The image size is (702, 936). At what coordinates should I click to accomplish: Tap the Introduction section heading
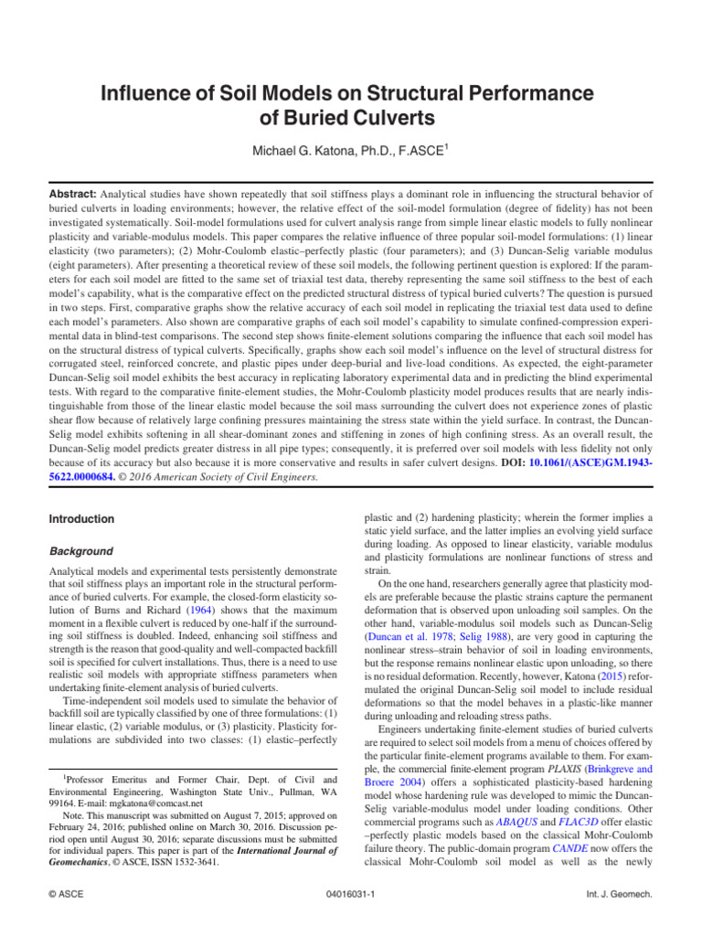pyautogui.click(x=80, y=519)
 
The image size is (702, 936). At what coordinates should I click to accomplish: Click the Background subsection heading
pyautogui.click(x=80, y=551)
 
